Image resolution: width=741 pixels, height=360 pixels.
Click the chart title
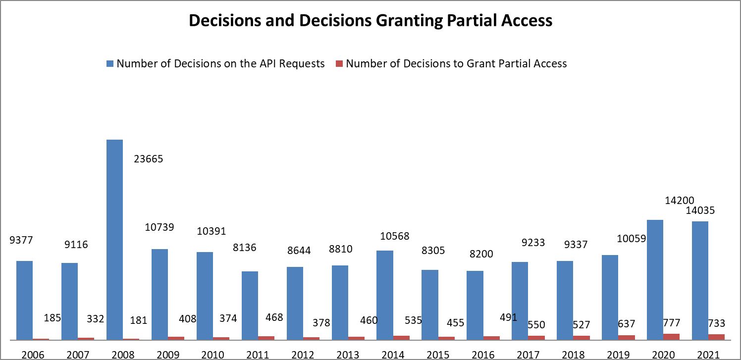coord(370,21)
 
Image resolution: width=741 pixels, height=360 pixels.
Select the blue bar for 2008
coord(114,240)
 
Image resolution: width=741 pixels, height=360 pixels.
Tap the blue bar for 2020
coord(655,280)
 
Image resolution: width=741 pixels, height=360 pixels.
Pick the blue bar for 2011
coord(250,306)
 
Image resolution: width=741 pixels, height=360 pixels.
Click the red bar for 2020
coord(671,337)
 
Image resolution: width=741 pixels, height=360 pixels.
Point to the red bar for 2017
coord(536,338)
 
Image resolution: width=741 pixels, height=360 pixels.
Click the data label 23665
coord(149,159)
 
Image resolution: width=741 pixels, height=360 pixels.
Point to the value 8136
coord(245,247)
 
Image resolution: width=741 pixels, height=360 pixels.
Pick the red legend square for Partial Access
coord(339,64)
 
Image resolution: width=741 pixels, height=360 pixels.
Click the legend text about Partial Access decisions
coord(456,63)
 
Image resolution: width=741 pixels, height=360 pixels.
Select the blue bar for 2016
coord(475,305)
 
